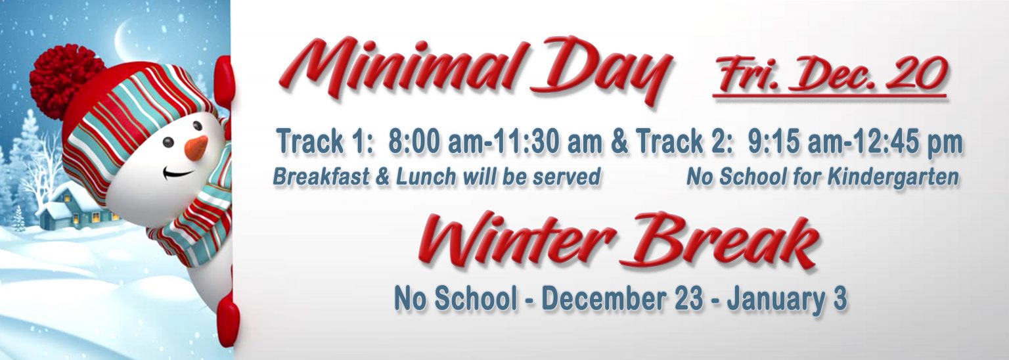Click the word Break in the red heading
[718, 241]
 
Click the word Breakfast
[321, 177]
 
